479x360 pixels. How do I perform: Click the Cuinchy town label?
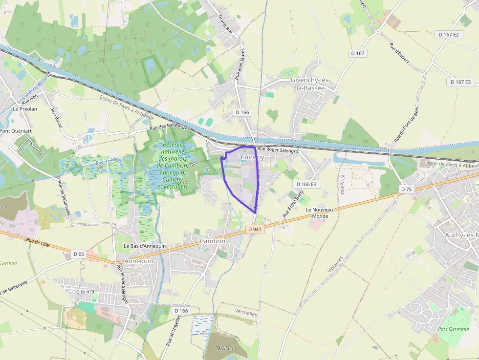[252, 157]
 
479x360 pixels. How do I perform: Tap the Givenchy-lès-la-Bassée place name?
[310, 84]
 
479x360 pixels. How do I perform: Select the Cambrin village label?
[213, 241]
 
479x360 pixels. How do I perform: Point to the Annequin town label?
[139, 261]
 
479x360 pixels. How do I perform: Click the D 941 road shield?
[255, 229]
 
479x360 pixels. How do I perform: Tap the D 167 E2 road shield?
[448, 35]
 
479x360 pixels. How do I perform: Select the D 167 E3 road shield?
[460, 82]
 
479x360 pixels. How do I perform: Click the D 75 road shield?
[406, 189]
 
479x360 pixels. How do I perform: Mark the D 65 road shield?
[79, 254]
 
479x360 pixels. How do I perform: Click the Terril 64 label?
[225, 348]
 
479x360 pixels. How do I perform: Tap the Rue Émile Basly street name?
[293, 204]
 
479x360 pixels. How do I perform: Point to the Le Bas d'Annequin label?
[145, 246]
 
